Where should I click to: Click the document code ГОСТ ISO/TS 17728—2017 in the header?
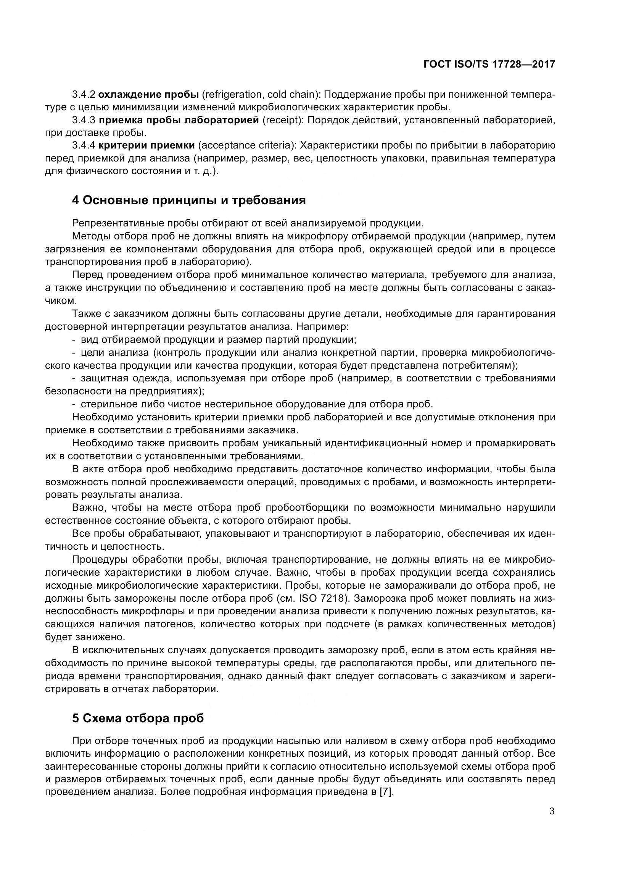point(489,64)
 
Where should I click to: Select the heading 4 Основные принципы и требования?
point(189,200)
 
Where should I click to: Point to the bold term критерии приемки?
point(146,146)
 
